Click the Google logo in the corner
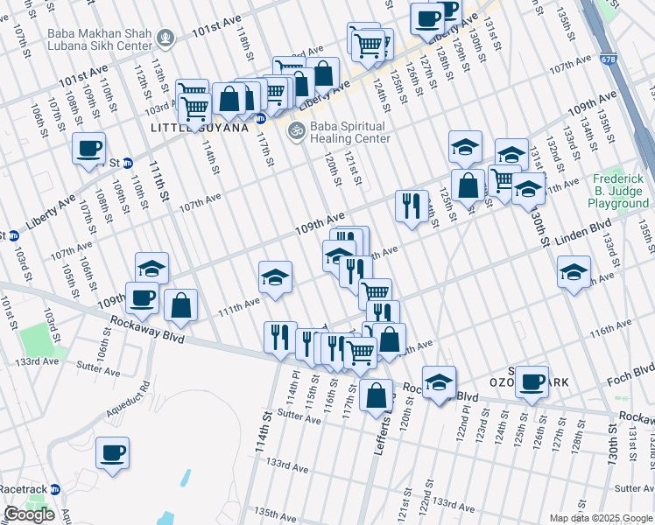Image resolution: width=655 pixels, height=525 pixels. pyautogui.click(x=29, y=514)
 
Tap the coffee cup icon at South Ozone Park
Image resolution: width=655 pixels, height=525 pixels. pyautogui.click(x=532, y=381)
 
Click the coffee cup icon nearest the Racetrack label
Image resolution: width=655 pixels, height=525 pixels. pyautogui.click(x=112, y=452)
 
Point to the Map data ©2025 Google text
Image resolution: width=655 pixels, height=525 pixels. pyautogui.click(x=601, y=518)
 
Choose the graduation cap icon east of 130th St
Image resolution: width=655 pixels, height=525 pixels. pyautogui.click(x=574, y=272)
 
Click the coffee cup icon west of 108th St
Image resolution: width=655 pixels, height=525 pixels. pyautogui.click(x=88, y=148)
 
